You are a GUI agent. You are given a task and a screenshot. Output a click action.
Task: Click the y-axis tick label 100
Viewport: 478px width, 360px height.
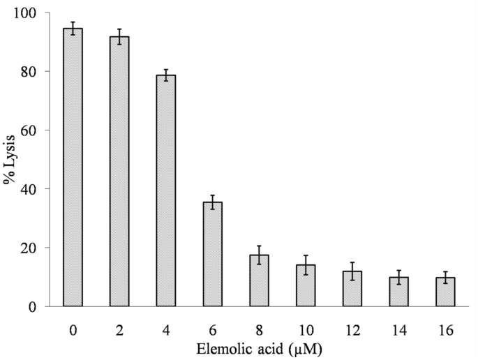click(x=29, y=13)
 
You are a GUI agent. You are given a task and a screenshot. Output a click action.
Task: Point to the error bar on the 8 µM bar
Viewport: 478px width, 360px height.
click(x=259, y=255)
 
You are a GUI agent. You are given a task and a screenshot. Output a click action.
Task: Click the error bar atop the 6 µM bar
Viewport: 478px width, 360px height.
click(x=212, y=202)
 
